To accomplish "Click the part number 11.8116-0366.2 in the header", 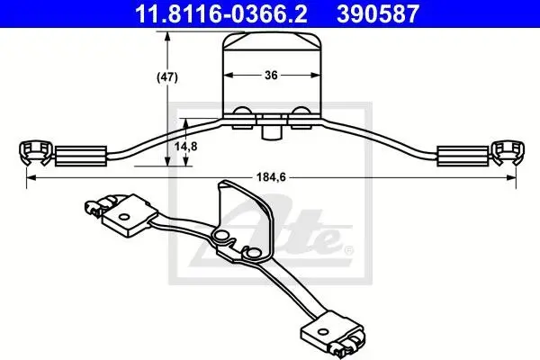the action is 221,13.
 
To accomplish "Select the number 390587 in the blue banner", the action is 378,13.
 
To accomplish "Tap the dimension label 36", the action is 271,75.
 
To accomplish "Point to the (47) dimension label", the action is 167,77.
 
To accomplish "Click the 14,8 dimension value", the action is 186,147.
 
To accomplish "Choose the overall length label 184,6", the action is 271,177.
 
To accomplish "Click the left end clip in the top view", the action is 35,153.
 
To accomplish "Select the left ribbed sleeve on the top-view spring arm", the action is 81,156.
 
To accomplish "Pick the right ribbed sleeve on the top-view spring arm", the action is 463,156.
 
